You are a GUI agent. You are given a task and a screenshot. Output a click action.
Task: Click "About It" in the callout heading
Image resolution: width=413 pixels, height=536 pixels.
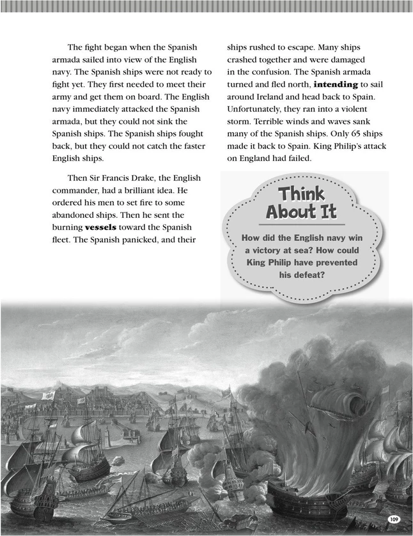(301, 211)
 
